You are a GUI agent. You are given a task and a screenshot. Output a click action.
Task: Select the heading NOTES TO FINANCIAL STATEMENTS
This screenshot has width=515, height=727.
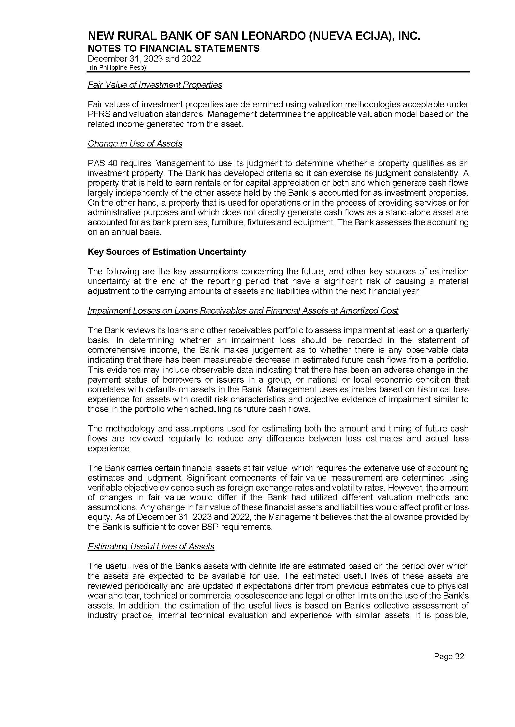pos(173,49)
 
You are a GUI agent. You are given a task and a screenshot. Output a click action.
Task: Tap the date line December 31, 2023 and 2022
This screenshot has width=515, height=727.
pos(144,59)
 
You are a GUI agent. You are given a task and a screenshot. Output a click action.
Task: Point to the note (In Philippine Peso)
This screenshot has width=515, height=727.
pos(118,68)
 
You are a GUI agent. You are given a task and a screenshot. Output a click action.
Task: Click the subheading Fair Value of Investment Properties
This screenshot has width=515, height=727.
pos(155,85)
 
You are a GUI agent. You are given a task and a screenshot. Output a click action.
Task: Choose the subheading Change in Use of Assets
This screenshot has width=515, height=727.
pos(135,144)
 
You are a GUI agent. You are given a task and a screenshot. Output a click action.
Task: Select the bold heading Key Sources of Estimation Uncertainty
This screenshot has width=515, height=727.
pos(167,252)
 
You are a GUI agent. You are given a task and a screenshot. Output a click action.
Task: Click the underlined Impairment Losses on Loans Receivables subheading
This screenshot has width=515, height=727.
pos(243,311)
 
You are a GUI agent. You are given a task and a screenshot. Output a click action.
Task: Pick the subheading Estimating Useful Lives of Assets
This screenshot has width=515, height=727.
pos(151,547)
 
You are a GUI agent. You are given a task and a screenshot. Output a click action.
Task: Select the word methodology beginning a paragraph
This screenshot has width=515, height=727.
pos(130,429)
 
